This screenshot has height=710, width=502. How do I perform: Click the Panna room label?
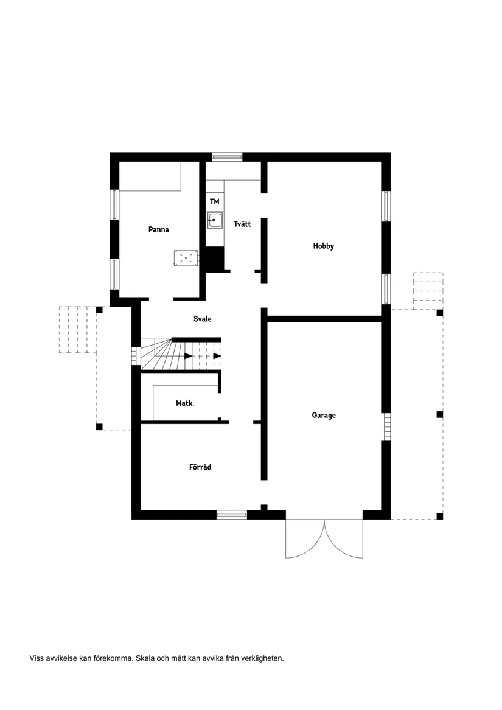pyautogui.click(x=158, y=230)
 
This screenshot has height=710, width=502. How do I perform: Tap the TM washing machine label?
pyautogui.click(x=214, y=201)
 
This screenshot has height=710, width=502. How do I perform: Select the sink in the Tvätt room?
pyautogui.click(x=214, y=220)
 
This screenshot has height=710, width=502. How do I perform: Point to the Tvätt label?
pyautogui.click(x=242, y=224)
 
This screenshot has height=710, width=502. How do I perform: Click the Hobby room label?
pyautogui.click(x=324, y=246)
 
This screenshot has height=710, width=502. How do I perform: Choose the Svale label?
pyautogui.click(x=203, y=319)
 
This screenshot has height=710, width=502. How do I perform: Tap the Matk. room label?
pyautogui.click(x=185, y=403)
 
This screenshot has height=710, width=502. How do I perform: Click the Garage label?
pyautogui.click(x=324, y=415)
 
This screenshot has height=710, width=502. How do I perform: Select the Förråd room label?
pyautogui.click(x=200, y=467)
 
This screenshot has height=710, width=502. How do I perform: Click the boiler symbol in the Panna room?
pyautogui.click(x=186, y=258)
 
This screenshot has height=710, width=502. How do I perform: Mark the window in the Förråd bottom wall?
pyautogui.click(x=232, y=515)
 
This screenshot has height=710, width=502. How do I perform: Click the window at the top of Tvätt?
pyautogui.click(x=227, y=157)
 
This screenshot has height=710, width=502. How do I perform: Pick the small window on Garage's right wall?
pyautogui.click(x=386, y=426)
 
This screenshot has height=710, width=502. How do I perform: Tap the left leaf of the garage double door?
pyautogui.click(x=304, y=539)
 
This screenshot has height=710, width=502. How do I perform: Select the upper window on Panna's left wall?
pyautogui.click(x=114, y=205)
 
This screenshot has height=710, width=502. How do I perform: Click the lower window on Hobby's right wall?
pyautogui.click(x=386, y=288)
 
